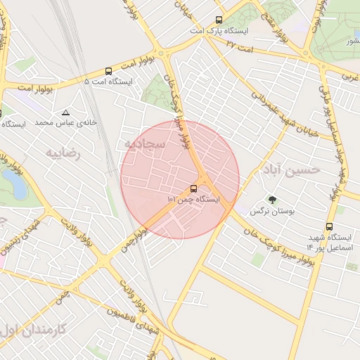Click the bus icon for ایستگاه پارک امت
click(219, 20)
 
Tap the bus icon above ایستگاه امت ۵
click(108, 71)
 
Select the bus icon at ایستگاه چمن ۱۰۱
click(193, 188)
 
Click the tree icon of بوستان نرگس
click(272, 200)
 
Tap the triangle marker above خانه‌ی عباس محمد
click(66, 112)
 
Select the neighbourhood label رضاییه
click(64, 151)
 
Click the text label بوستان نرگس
click(274, 211)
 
